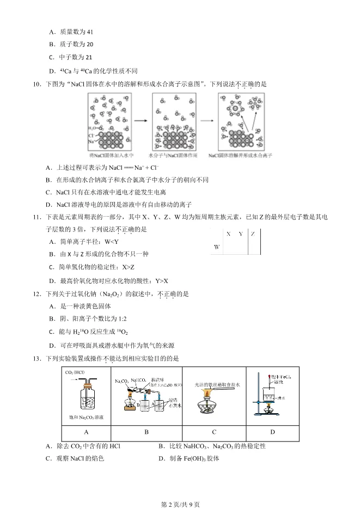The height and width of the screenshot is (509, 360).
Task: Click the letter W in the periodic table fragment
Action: [x=216, y=247]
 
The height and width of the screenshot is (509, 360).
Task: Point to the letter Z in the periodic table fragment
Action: [x=253, y=234]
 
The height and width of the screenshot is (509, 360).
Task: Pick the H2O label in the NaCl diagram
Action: [x=92, y=127]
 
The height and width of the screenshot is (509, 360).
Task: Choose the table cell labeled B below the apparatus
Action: [x=146, y=432]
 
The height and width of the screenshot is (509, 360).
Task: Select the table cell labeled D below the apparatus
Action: [x=272, y=432]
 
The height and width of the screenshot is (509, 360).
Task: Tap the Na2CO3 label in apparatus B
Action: [x=121, y=382]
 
